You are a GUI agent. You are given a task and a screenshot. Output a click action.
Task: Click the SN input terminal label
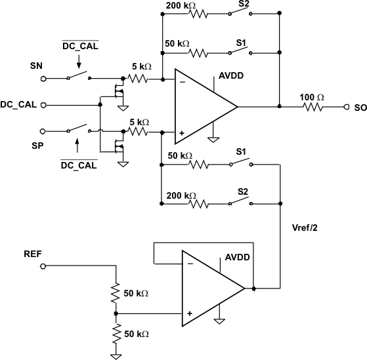point(37,66)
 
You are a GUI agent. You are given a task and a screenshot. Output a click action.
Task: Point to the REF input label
point(33,253)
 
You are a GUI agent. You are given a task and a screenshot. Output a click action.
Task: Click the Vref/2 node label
point(305,229)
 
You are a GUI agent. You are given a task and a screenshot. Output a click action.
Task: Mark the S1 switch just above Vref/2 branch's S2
point(241,163)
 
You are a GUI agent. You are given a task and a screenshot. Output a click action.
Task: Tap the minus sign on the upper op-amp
point(182,82)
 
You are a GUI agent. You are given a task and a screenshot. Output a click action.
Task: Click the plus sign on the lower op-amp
point(189,313)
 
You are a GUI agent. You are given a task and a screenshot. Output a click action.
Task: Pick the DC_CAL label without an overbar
point(18,104)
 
